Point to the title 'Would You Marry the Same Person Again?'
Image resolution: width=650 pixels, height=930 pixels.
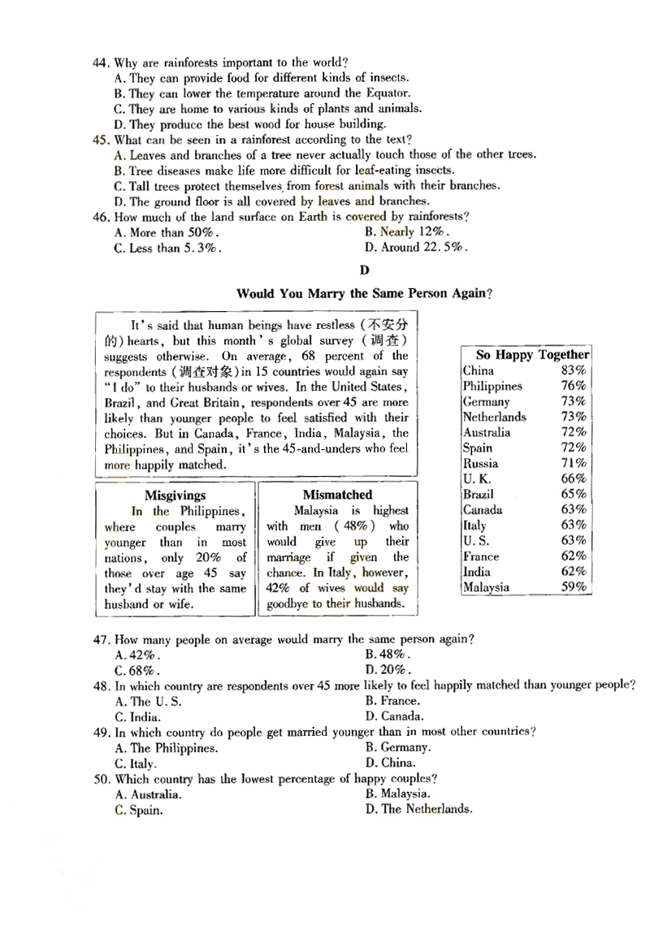[x=364, y=293]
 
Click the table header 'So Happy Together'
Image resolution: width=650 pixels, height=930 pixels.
[x=532, y=355]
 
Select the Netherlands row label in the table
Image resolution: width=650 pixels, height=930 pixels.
[x=495, y=417]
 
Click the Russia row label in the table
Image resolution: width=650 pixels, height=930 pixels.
[x=481, y=463]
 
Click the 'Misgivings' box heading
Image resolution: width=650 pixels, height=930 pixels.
[x=175, y=495]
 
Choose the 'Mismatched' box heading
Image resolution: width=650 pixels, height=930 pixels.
[x=337, y=495]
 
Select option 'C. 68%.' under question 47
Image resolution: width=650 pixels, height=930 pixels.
[x=137, y=670]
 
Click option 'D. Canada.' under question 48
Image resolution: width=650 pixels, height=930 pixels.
[x=394, y=716]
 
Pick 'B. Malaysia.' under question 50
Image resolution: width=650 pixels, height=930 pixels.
[x=397, y=794]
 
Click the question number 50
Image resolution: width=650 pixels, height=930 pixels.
[x=101, y=779]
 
